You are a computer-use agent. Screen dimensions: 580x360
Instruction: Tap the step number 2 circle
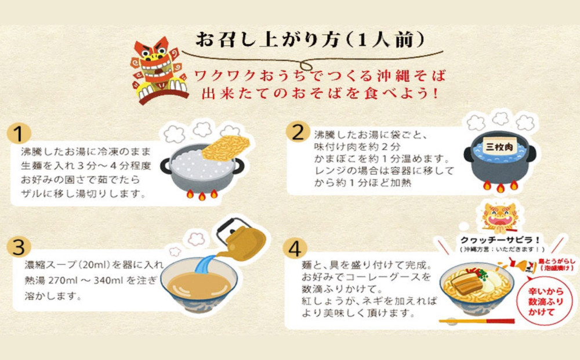(298, 132)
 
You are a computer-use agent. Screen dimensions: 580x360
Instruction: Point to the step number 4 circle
(295, 248)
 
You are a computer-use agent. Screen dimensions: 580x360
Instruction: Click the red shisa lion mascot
(159, 70)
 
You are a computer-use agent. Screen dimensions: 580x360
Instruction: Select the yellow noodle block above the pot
(225, 147)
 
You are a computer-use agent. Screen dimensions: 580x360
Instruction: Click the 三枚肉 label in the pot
(499, 147)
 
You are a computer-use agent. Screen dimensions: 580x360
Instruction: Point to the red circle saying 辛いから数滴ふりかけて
(545, 301)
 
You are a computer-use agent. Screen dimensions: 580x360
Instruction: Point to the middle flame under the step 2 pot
(500, 188)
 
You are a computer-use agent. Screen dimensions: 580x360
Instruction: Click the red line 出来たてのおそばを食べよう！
(320, 93)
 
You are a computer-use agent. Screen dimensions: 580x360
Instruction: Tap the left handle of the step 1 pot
(165, 166)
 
